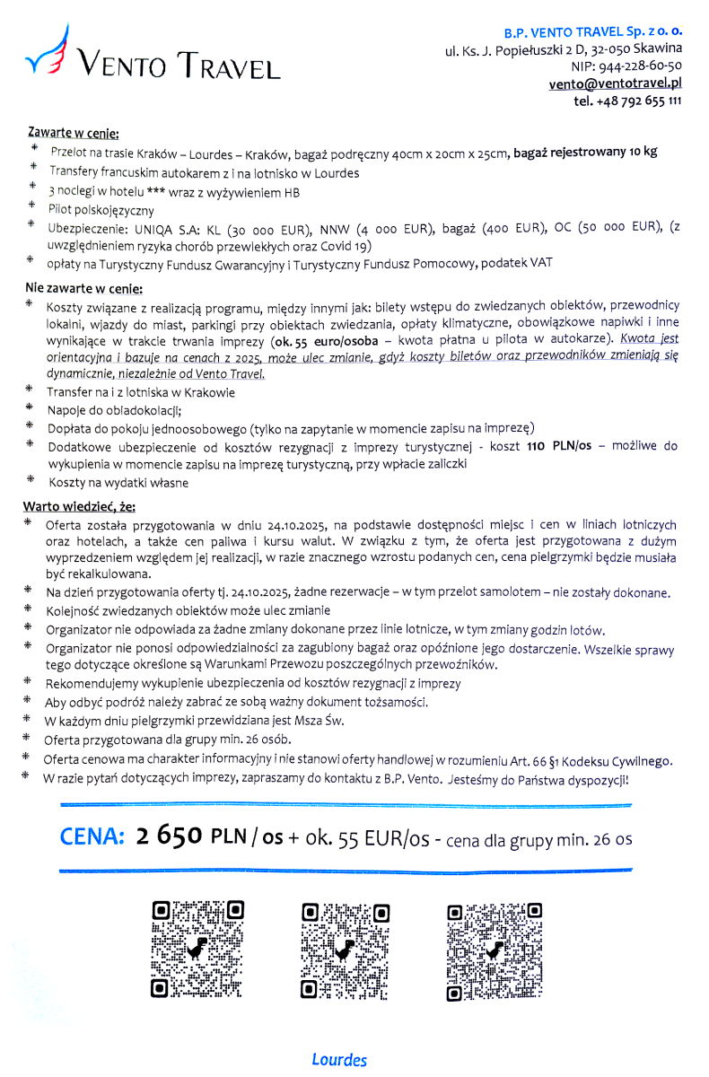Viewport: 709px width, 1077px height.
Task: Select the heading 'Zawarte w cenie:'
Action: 74,135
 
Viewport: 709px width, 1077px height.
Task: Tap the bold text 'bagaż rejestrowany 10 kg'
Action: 585,151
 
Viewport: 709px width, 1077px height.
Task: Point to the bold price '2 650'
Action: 170,836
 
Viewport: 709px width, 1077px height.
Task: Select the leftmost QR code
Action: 197,950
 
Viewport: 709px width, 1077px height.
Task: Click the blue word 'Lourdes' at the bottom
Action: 339,1060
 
